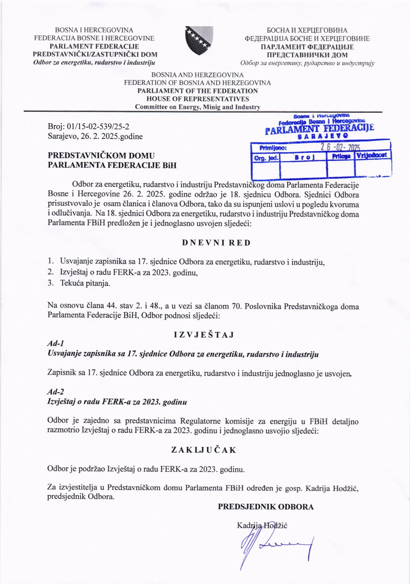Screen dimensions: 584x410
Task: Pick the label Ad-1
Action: pos(55,344)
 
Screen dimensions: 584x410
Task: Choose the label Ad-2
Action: pos(55,392)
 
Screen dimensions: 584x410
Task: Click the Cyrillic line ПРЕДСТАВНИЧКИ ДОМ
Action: pos(307,55)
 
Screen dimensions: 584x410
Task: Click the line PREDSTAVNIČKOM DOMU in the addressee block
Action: pos(101,156)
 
